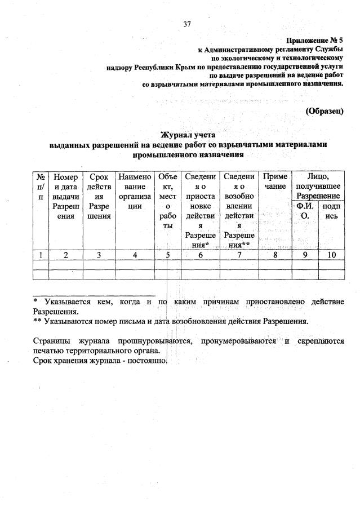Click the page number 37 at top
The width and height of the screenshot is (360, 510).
(188, 24)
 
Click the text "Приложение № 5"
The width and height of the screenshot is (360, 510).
(315, 41)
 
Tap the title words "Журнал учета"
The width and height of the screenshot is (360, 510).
(188, 135)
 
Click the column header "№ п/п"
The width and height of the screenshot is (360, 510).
(41, 186)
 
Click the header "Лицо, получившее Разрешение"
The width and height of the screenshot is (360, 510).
(317, 185)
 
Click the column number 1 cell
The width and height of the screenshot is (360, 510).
(41, 255)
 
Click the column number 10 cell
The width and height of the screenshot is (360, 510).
(331, 255)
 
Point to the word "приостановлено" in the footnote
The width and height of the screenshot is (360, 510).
(273, 301)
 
